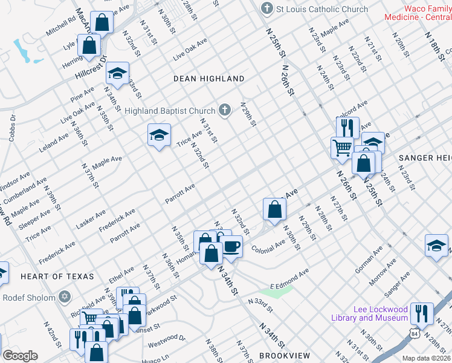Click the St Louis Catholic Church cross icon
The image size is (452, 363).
266,9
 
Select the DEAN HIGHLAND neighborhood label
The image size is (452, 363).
208,79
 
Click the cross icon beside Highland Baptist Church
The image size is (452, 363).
224,110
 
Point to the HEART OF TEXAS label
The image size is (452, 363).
57,276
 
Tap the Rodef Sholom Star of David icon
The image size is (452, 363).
65,297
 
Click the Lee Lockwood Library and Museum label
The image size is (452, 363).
370,313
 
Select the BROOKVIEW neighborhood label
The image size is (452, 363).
284,356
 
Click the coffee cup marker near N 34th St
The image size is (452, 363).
231,246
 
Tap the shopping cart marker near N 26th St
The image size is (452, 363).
342,146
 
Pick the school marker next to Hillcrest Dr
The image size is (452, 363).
117,74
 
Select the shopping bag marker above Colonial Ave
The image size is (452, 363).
274,209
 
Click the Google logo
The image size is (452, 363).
20,356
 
